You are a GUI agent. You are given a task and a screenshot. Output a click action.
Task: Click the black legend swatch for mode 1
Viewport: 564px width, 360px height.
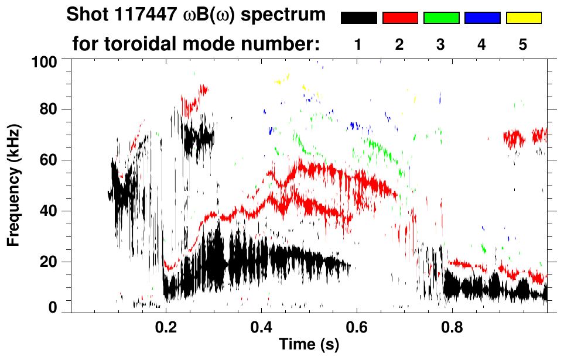click(x=358, y=18)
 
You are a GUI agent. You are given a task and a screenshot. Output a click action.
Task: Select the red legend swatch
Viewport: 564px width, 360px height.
click(x=400, y=18)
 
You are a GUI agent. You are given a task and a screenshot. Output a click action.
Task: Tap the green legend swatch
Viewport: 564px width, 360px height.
click(x=441, y=18)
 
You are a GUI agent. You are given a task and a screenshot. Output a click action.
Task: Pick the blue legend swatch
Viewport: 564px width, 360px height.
click(x=482, y=18)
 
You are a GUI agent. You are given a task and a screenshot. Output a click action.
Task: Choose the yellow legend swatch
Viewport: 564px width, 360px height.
click(x=524, y=18)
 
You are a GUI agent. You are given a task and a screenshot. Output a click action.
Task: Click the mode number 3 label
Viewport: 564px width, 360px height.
click(x=441, y=44)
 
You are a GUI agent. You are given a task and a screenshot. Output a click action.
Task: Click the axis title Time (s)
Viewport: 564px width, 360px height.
click(x=309, y=345)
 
